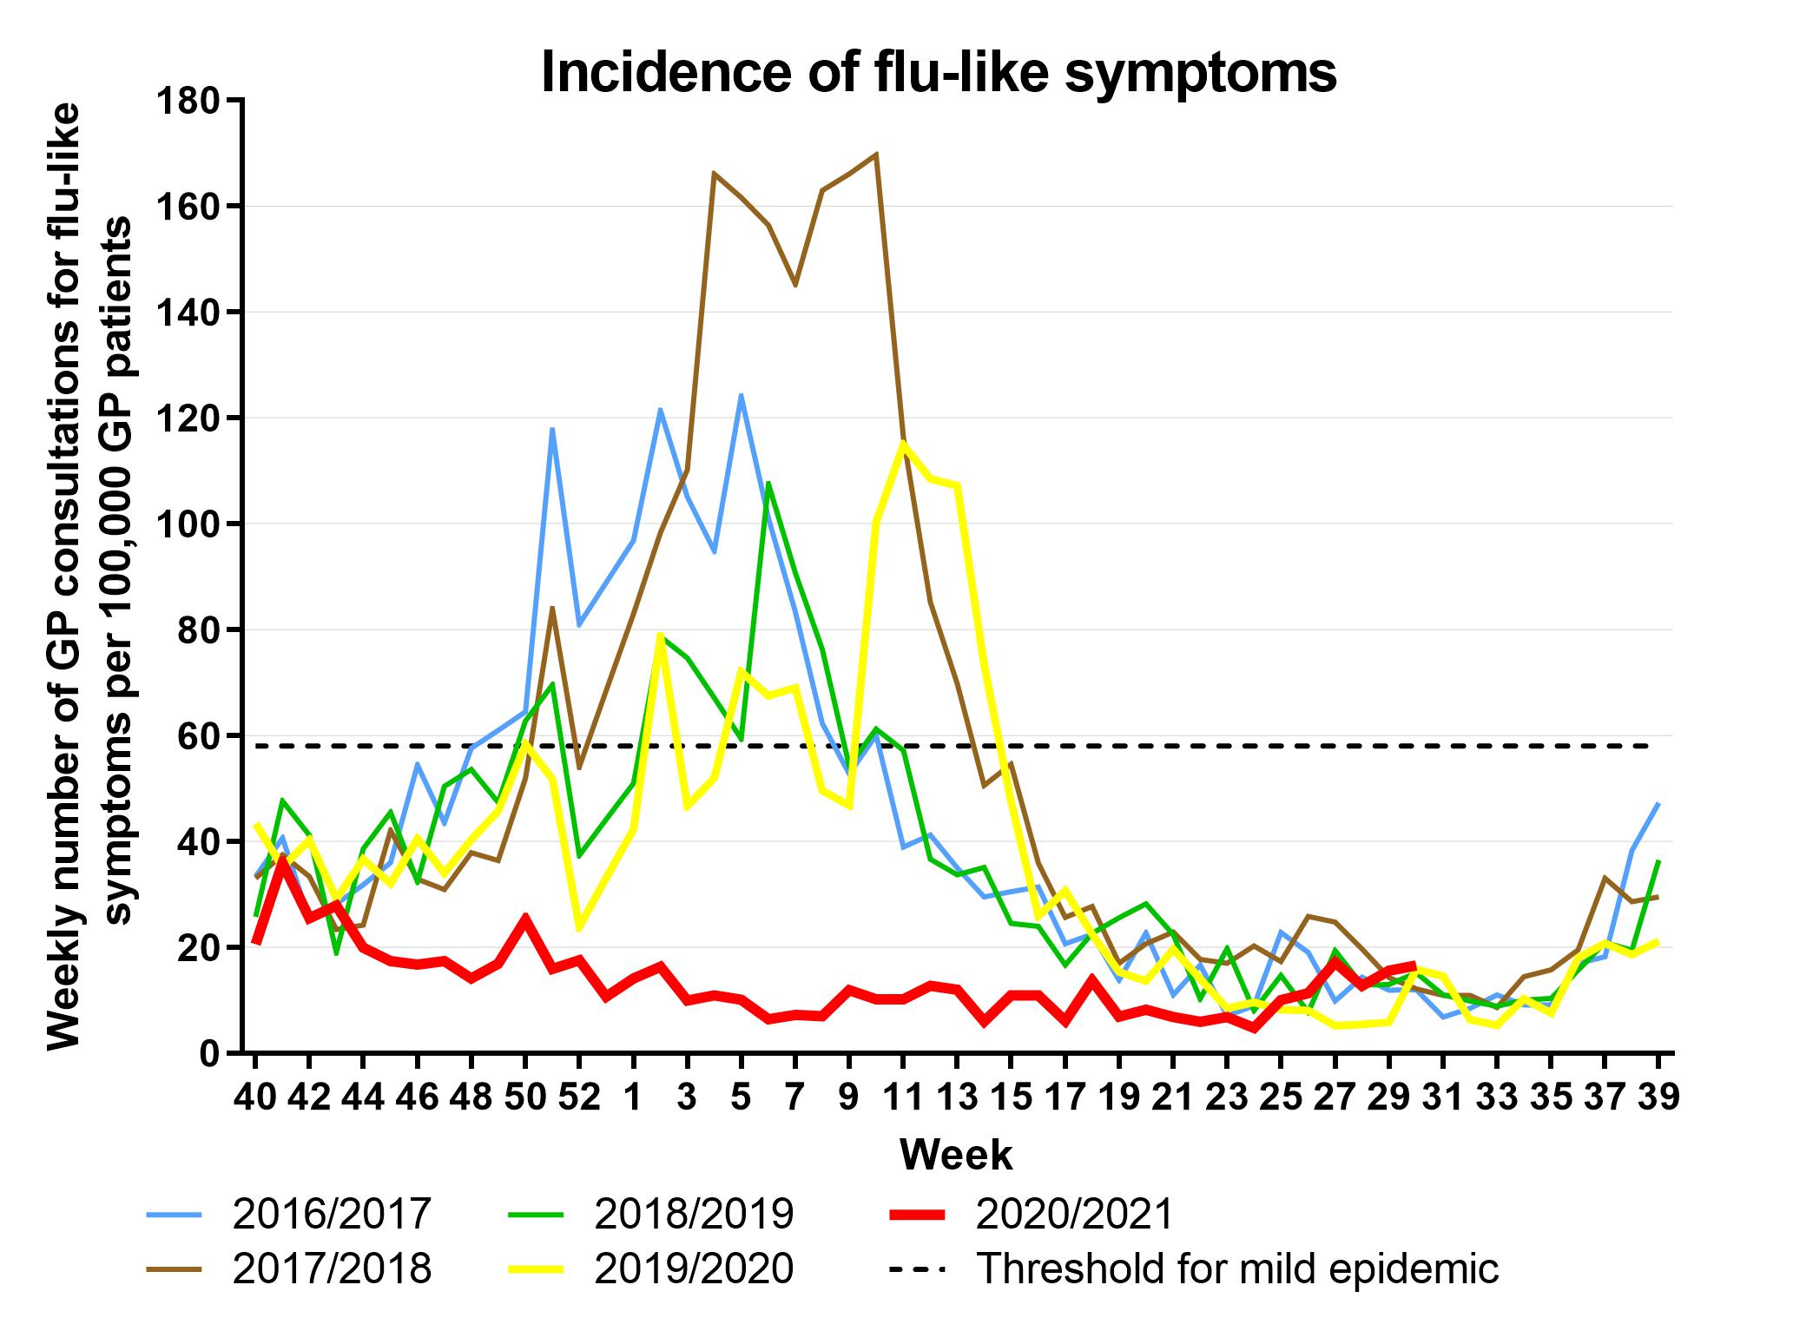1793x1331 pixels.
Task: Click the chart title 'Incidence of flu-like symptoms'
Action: (939, 73)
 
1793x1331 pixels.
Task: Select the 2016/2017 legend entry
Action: (331, 1215)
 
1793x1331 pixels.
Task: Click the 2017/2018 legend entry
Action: (331, 1268)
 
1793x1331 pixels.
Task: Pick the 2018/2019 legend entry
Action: (693, 1215)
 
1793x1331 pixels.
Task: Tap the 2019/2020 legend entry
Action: (693, 1268)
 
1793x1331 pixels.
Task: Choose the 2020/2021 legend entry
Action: (1073, 1215)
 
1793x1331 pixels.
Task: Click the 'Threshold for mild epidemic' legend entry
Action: (1237, 1268)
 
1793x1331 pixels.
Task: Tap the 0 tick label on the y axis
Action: (208, 1054)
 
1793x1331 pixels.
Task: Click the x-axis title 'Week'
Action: (956, 1156)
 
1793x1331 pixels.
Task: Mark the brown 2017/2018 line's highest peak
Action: (876, 154)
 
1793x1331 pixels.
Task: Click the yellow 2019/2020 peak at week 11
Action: (903, 443)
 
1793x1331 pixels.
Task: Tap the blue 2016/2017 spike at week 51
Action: (552, 428)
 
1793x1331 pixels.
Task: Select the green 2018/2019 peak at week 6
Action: (768, 483)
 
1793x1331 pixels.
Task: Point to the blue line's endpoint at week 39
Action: (1658, 804)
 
